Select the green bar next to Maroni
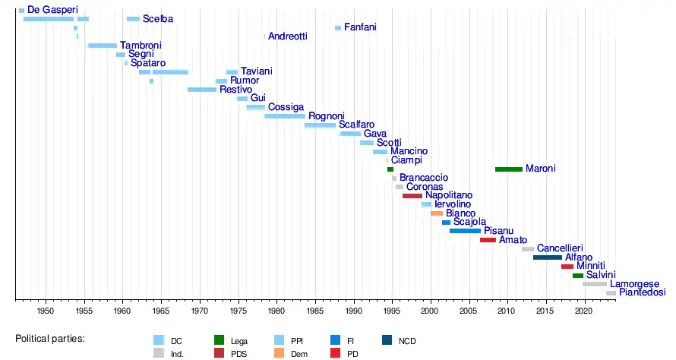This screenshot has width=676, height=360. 508,169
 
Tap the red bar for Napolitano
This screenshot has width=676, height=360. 412,196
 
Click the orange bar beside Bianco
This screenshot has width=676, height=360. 437,213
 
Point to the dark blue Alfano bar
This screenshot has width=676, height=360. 548,257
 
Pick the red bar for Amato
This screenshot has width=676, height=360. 488,240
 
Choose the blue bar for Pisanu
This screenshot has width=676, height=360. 465,231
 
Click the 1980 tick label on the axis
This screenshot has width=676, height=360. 276,311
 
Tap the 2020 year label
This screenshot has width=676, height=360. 584,311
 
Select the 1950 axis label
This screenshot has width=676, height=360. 45,311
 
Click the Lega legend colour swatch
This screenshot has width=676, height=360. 220,340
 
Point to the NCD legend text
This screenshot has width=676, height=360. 407,341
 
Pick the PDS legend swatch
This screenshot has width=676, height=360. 220,353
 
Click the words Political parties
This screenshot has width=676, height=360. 50,338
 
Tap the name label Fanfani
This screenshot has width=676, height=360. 360,27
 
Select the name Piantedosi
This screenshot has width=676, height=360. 642,292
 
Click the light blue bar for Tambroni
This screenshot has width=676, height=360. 103,46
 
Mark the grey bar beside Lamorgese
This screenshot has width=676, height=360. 595,284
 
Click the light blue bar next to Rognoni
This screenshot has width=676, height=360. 285,116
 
